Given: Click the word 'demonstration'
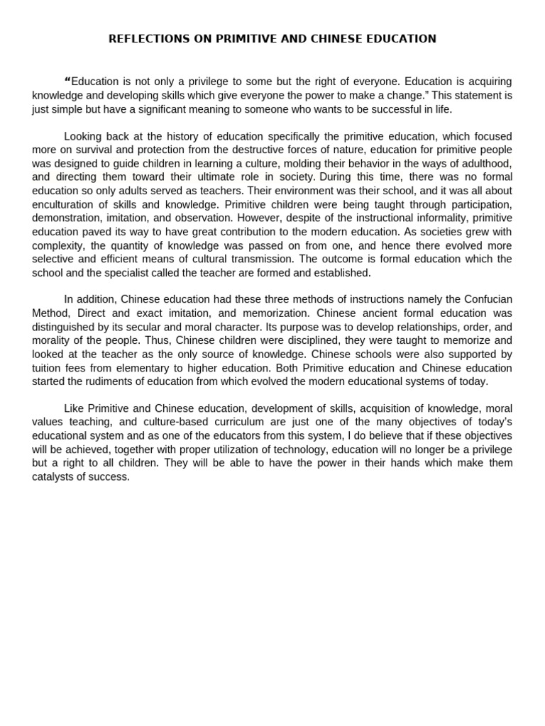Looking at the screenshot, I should pyautogui.click(x=65, y=218).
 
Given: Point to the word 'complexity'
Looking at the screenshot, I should pyautogui.click(x=57, y=245).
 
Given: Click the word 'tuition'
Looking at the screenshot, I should pyautogui.click(x=48, y=368).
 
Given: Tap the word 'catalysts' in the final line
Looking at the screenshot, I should pyautogui.click(x=54, y=476).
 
